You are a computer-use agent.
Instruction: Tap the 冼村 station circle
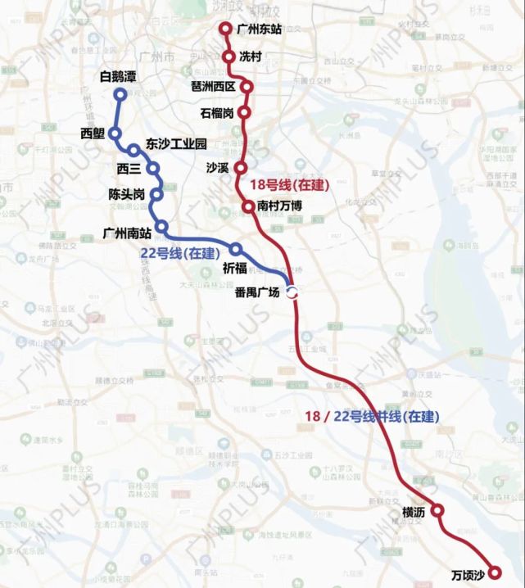click(231, 57)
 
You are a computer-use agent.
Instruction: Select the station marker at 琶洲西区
click(246, 86)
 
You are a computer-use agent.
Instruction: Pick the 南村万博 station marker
click(247, 206)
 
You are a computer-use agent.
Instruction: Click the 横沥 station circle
click(437, 510)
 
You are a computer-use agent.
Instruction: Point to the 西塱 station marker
click(115, 133)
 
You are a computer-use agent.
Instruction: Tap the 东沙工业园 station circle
click(134, 150)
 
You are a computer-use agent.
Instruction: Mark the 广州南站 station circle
click(161, 226)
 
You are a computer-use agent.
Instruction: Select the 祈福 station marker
click(236, 249)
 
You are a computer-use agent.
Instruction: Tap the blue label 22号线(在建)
click(175, 254)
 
